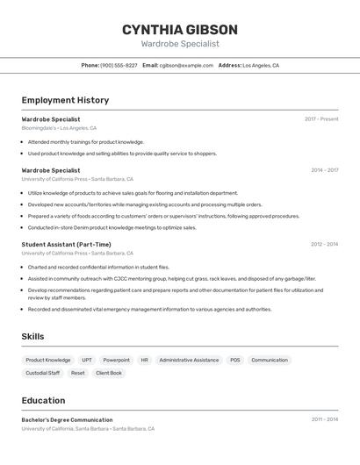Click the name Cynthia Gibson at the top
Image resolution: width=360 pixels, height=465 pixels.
tap(180, 29)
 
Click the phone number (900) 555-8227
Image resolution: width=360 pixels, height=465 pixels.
tap(119, 65)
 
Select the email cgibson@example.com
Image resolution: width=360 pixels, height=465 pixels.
tap(186, 65)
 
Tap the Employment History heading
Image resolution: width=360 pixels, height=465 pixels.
tap(65, 100)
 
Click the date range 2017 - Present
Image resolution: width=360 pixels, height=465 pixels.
tap(321, 118)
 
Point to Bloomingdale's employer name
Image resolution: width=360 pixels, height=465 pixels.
tap(39, 128)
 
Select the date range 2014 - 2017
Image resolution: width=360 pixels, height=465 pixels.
tap(324, 170)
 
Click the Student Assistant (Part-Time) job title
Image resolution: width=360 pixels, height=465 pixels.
tap(66, 244)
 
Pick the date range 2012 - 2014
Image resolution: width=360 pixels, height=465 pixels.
tap(324, 244)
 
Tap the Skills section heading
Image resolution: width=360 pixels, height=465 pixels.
tap(32, 336)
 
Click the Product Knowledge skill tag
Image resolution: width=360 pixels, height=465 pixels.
tap(48, 360)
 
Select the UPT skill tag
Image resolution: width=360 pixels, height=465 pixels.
tap(87, 360)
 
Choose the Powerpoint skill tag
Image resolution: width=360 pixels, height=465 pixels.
tap(116, 360)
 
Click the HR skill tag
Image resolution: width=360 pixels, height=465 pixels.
tap(144, 360)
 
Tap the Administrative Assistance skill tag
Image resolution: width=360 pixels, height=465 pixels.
tap(189, 360)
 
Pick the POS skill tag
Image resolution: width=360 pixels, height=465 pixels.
tap(234, 360)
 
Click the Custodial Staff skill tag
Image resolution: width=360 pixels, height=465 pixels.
tap(43, 373)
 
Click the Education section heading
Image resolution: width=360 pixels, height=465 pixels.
tap(43, 400)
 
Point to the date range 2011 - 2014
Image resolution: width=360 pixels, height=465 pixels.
tap(324, 419)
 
